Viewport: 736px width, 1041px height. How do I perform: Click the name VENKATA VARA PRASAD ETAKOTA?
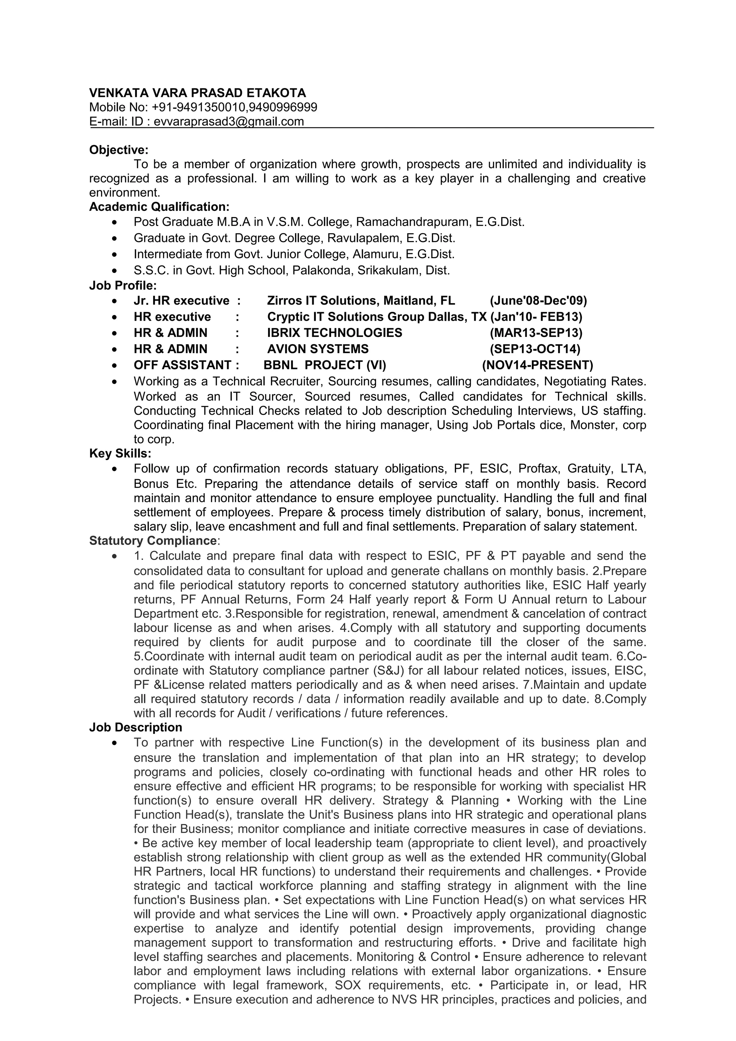click(197, 93)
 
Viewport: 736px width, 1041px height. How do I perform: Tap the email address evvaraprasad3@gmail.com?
click(229, 121)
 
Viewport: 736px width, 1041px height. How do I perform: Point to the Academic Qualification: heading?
click(159, 207)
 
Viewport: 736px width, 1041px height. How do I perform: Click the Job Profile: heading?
click(123, 285)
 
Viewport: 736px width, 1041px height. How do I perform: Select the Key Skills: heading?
click(120, 453)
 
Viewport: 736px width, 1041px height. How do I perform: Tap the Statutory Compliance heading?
click(153, 541)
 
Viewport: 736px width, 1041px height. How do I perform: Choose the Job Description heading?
click(135, 727)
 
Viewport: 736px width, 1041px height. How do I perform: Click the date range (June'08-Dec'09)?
click(538, 301)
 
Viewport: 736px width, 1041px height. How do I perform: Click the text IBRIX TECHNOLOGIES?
click(334, 333)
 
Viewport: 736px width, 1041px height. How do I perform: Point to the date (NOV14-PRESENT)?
click(537, 365)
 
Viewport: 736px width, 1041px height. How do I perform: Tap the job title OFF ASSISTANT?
click(182, 365)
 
